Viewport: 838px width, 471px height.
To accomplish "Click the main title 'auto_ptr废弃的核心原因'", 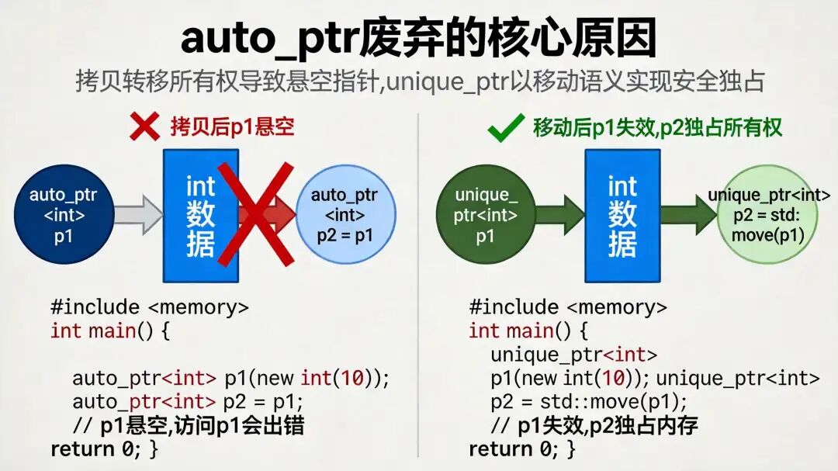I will [418, 39].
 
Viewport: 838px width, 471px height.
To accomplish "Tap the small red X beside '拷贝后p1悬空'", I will [144, 126].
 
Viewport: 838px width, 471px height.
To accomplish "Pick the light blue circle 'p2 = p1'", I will [345, 215].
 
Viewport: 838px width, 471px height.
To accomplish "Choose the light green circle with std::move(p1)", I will [768, 215].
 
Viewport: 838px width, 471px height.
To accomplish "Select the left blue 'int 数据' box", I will [200, 216].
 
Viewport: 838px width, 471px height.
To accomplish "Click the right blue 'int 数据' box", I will [622, 216].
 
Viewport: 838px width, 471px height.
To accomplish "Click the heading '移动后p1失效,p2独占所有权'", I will [657, 127].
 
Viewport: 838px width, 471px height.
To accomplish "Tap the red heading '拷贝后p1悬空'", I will [232, 126].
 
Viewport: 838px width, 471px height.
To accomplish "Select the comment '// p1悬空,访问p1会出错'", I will [188, 425].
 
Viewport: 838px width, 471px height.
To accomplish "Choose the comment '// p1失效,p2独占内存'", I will [596, 425].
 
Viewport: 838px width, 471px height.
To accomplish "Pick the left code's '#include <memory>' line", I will [150, 307].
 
